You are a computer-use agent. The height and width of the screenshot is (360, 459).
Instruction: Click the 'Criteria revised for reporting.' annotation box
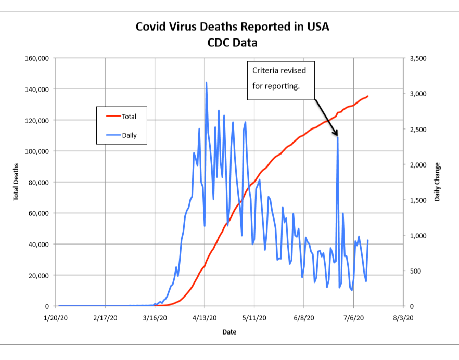(281, 81)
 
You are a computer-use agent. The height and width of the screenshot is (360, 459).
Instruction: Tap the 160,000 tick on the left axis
(36, 58)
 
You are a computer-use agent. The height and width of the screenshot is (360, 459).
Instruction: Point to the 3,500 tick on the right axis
(418, 58)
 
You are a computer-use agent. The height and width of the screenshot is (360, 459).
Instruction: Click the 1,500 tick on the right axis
(418, 200)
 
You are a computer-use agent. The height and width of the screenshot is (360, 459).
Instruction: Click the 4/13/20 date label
(205, 318)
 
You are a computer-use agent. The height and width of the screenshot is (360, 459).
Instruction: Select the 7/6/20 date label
(353, 318)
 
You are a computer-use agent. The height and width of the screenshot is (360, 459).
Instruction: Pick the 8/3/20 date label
(402, 318)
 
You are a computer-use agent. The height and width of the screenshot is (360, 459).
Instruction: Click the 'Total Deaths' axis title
(16, 182)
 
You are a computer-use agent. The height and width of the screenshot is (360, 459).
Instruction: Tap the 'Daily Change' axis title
(437, 182)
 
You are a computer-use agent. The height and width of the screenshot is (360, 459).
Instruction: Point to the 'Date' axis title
(229, 331)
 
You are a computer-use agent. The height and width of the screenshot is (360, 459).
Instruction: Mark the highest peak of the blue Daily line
(206, 82)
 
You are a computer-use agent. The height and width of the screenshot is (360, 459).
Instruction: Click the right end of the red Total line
(368, 96)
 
